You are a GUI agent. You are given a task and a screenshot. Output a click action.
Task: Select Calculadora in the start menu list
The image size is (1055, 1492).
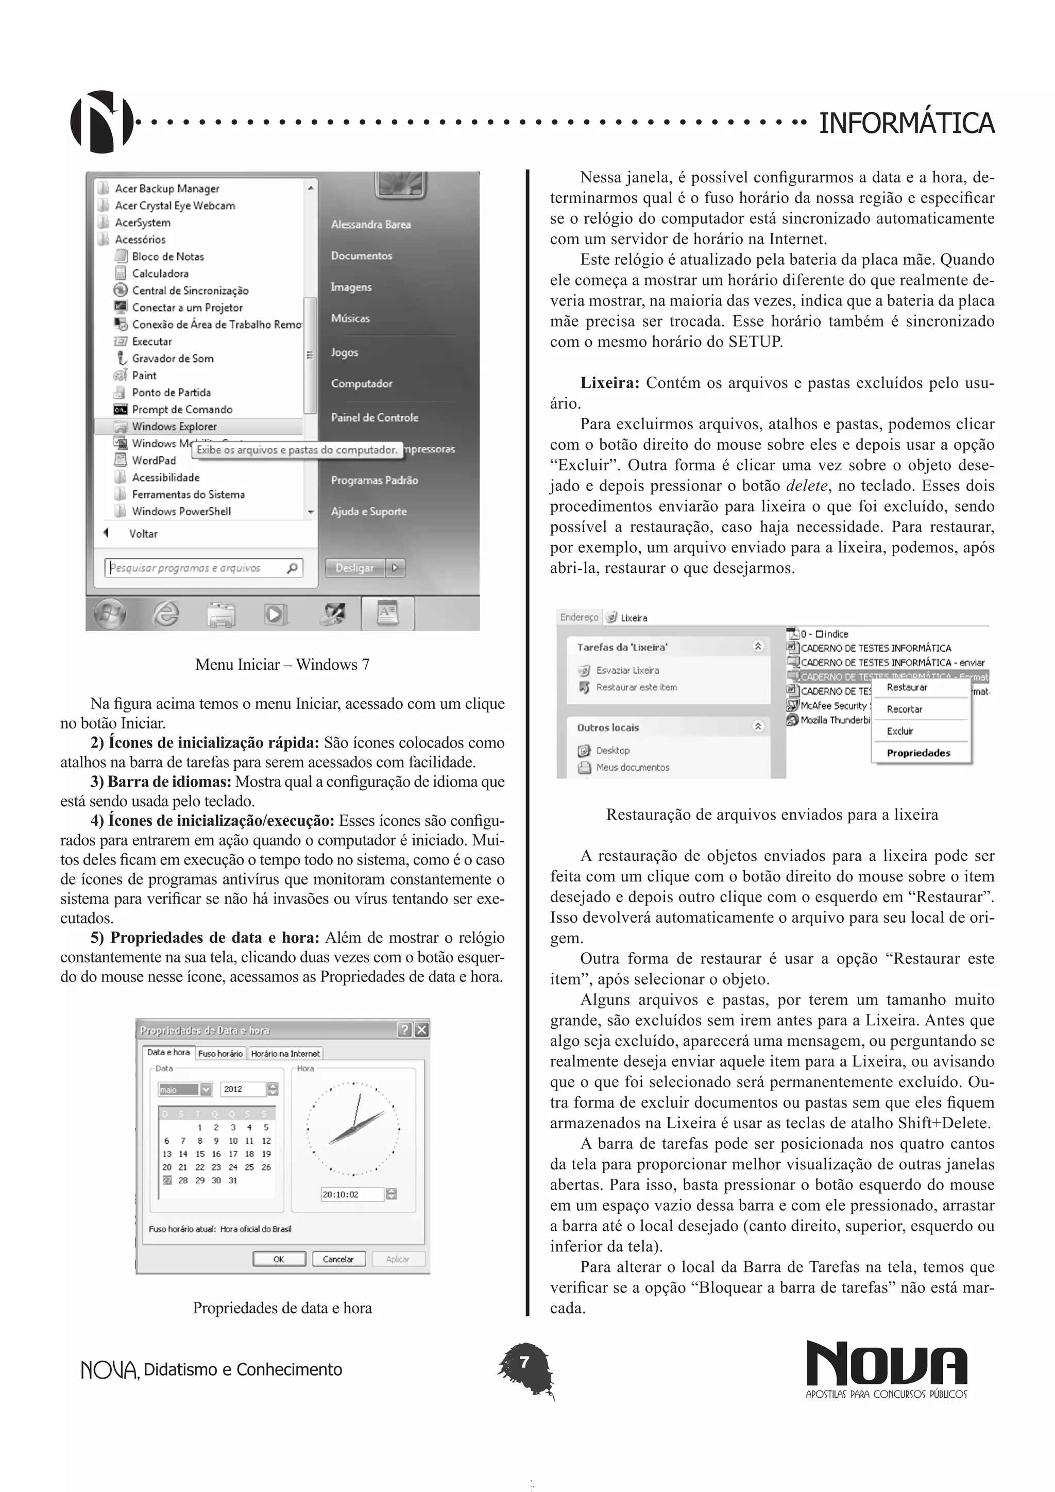click(160, 274)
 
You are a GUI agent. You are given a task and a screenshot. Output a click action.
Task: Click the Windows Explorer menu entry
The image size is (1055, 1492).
click(174, 426)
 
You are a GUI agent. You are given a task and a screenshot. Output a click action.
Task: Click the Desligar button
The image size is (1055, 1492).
click(355, 567)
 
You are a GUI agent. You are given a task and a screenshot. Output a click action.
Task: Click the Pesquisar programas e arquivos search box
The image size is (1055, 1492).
click(195, 568)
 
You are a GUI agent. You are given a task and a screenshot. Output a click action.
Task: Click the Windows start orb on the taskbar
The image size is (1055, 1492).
click(109, 614)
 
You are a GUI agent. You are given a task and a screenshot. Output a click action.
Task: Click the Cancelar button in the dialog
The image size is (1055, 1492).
click(338, 1259)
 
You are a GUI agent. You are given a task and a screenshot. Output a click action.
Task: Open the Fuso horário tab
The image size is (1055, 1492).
click(220, 1054)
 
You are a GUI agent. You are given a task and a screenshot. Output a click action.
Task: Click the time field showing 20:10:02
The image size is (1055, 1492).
click(351, 1194)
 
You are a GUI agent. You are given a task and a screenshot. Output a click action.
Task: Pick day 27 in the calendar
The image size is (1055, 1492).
click(167, 1180)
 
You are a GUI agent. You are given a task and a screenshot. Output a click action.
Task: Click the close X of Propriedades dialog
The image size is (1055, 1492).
click(421, 1029)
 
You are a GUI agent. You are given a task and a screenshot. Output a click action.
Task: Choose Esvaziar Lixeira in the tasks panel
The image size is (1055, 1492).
click(627, 670)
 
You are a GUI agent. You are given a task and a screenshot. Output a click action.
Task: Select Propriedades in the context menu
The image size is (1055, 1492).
click(918, 753)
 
